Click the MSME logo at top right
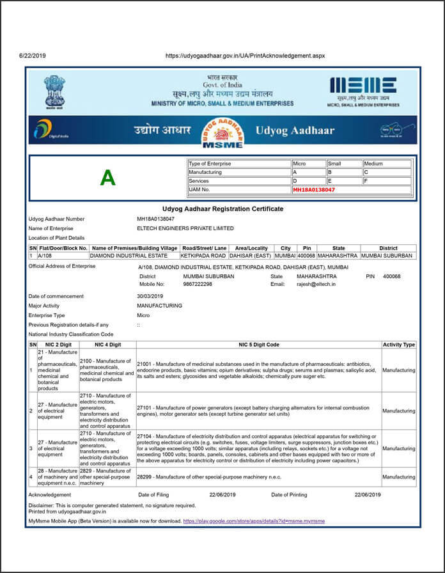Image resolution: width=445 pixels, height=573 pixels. point(363,90)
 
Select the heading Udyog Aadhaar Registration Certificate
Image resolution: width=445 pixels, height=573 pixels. point(222,208)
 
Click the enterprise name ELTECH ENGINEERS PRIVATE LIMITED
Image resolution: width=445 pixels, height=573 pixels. point(185,228)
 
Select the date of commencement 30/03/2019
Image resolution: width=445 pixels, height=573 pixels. point(150,296)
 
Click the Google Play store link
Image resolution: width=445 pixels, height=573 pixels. point(254,521)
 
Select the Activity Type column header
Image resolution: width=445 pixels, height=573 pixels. point(398,345)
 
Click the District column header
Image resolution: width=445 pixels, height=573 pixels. point(387,248)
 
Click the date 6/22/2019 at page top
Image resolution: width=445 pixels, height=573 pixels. point(33,56)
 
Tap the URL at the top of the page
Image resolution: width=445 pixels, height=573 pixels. point(245,56)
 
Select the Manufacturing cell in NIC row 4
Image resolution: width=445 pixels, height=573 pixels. point(398,477)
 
